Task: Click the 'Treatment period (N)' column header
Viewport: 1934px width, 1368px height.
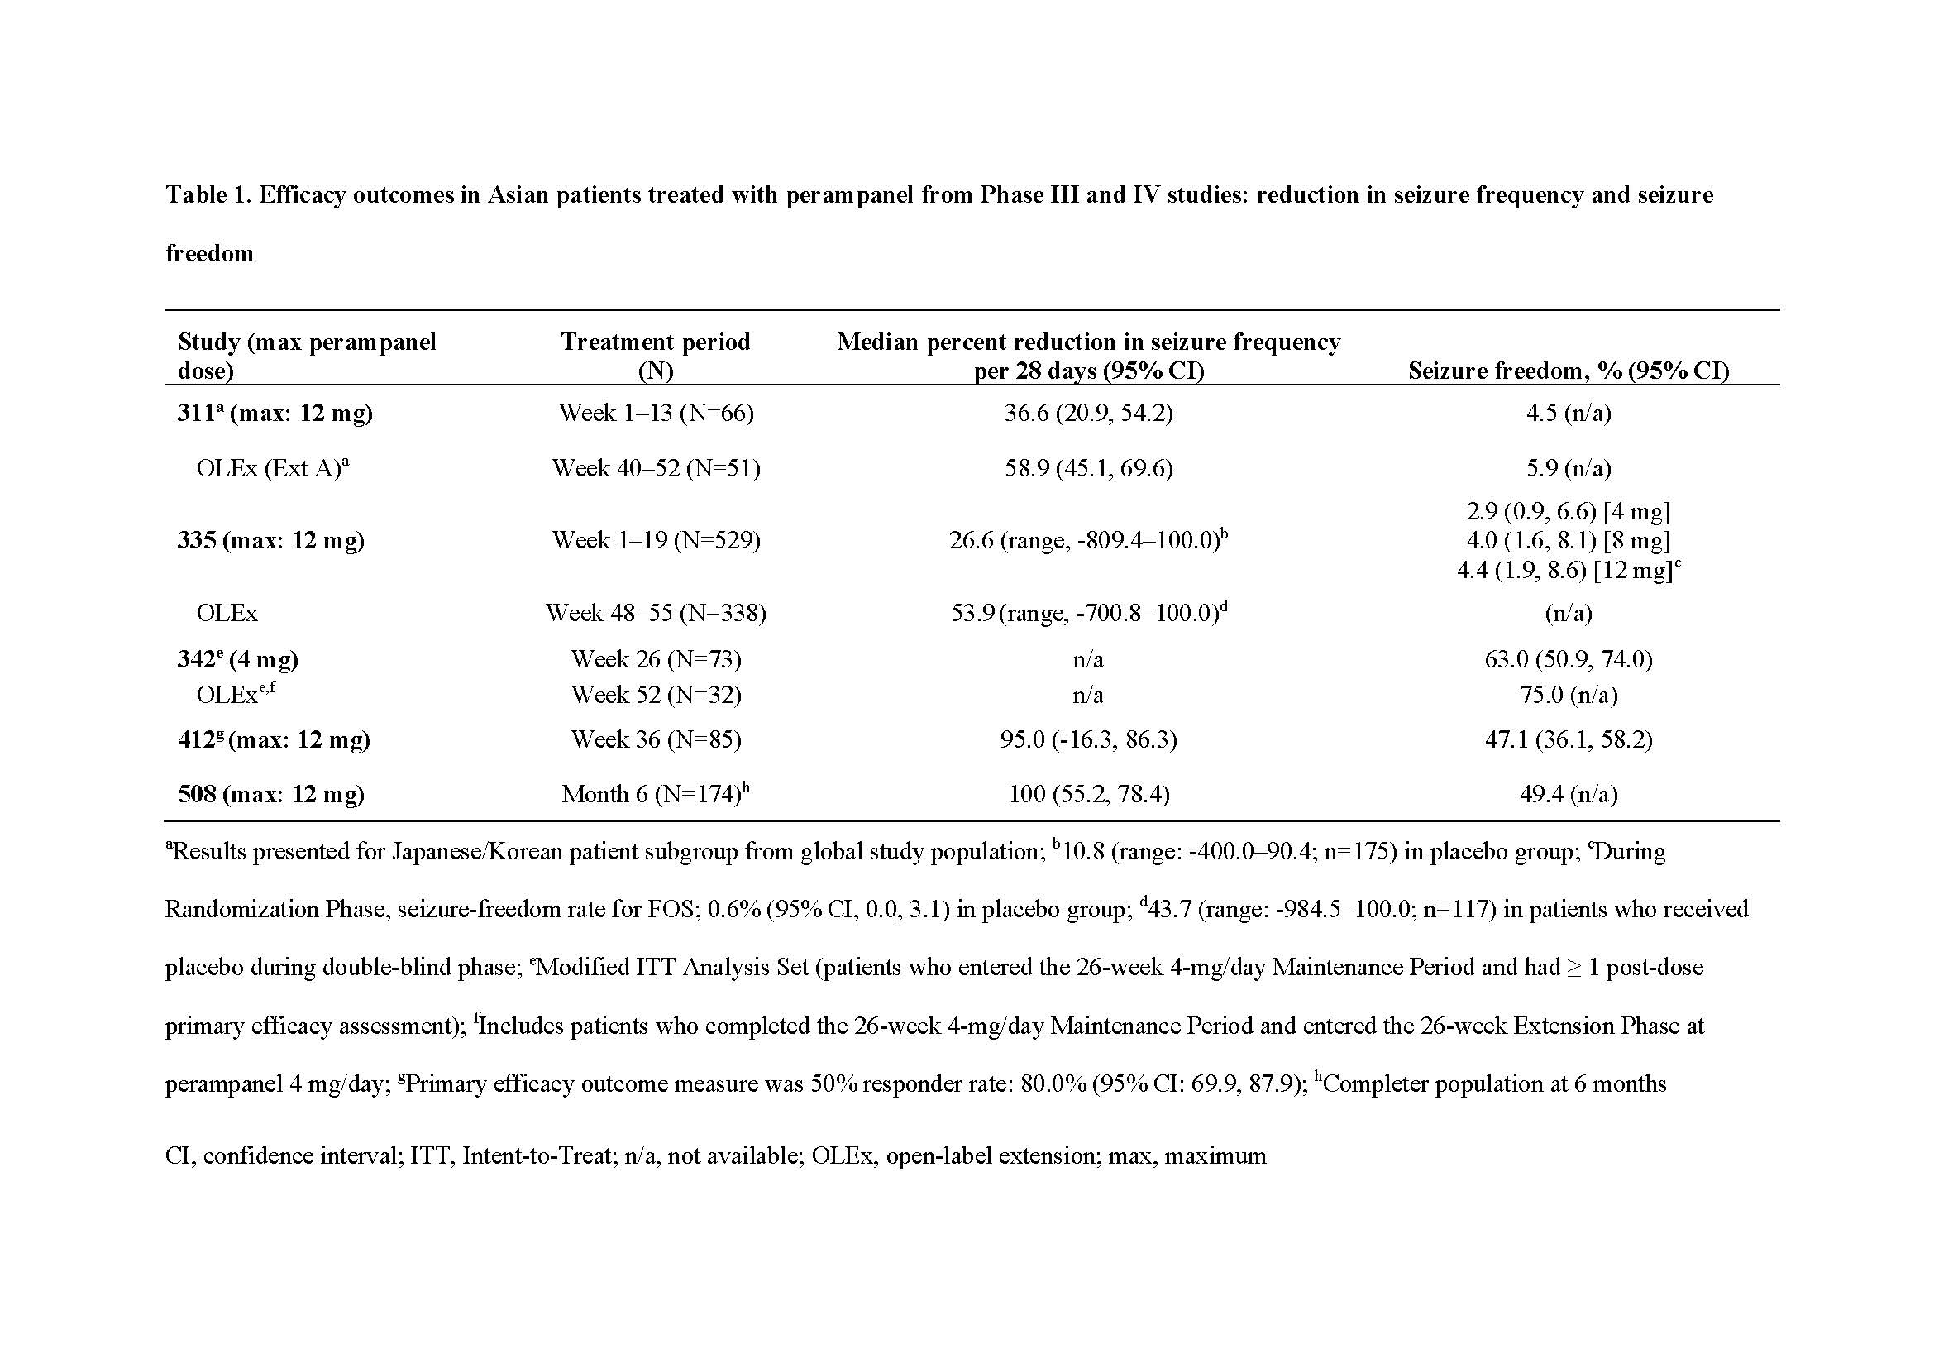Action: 656,356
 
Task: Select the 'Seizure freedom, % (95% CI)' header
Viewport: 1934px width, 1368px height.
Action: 1568,371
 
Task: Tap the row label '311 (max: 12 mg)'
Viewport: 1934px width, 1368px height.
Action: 275,413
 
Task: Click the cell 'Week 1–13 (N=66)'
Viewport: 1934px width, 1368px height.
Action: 656,413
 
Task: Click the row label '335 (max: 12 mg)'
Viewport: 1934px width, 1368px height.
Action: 270,540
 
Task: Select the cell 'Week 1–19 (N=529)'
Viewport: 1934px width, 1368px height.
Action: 656,540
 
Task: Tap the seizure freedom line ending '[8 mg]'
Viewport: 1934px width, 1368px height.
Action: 1568,540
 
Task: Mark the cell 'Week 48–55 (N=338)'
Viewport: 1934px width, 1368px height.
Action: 656,612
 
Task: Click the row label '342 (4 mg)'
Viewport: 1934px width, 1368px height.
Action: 237,658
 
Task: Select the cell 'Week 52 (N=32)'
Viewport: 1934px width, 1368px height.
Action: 656,695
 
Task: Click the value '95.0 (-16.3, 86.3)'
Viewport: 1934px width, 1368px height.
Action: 1088,739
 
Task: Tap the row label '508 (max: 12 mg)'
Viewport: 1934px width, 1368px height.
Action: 270,794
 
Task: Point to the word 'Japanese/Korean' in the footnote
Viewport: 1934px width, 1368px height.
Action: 476,852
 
